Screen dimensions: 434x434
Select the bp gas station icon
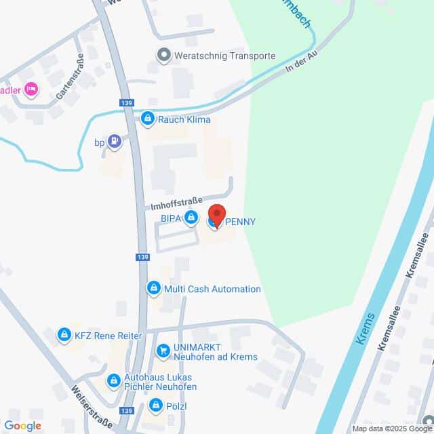(115, 142)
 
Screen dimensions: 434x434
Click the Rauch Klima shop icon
(148, 120)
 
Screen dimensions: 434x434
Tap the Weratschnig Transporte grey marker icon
(163, 55)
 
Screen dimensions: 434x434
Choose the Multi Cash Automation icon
(154, 289)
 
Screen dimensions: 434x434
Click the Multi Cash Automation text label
(212, 289)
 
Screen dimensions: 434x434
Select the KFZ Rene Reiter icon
(64, 335)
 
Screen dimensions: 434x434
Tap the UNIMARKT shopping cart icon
(163, 351)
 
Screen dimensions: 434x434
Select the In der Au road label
(301, 58)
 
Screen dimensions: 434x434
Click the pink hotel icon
(30, 89)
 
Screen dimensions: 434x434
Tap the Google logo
(23, 425)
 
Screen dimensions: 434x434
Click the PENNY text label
(240, 221)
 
